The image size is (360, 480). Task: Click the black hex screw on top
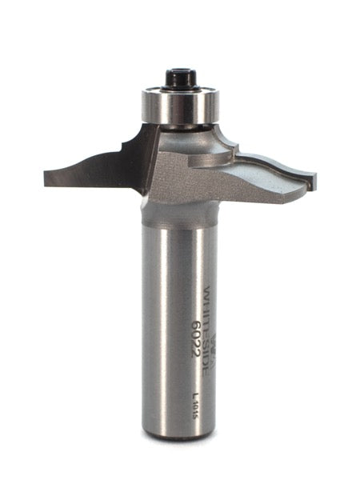pos(180,78)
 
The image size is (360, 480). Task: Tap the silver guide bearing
pos(181,106)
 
